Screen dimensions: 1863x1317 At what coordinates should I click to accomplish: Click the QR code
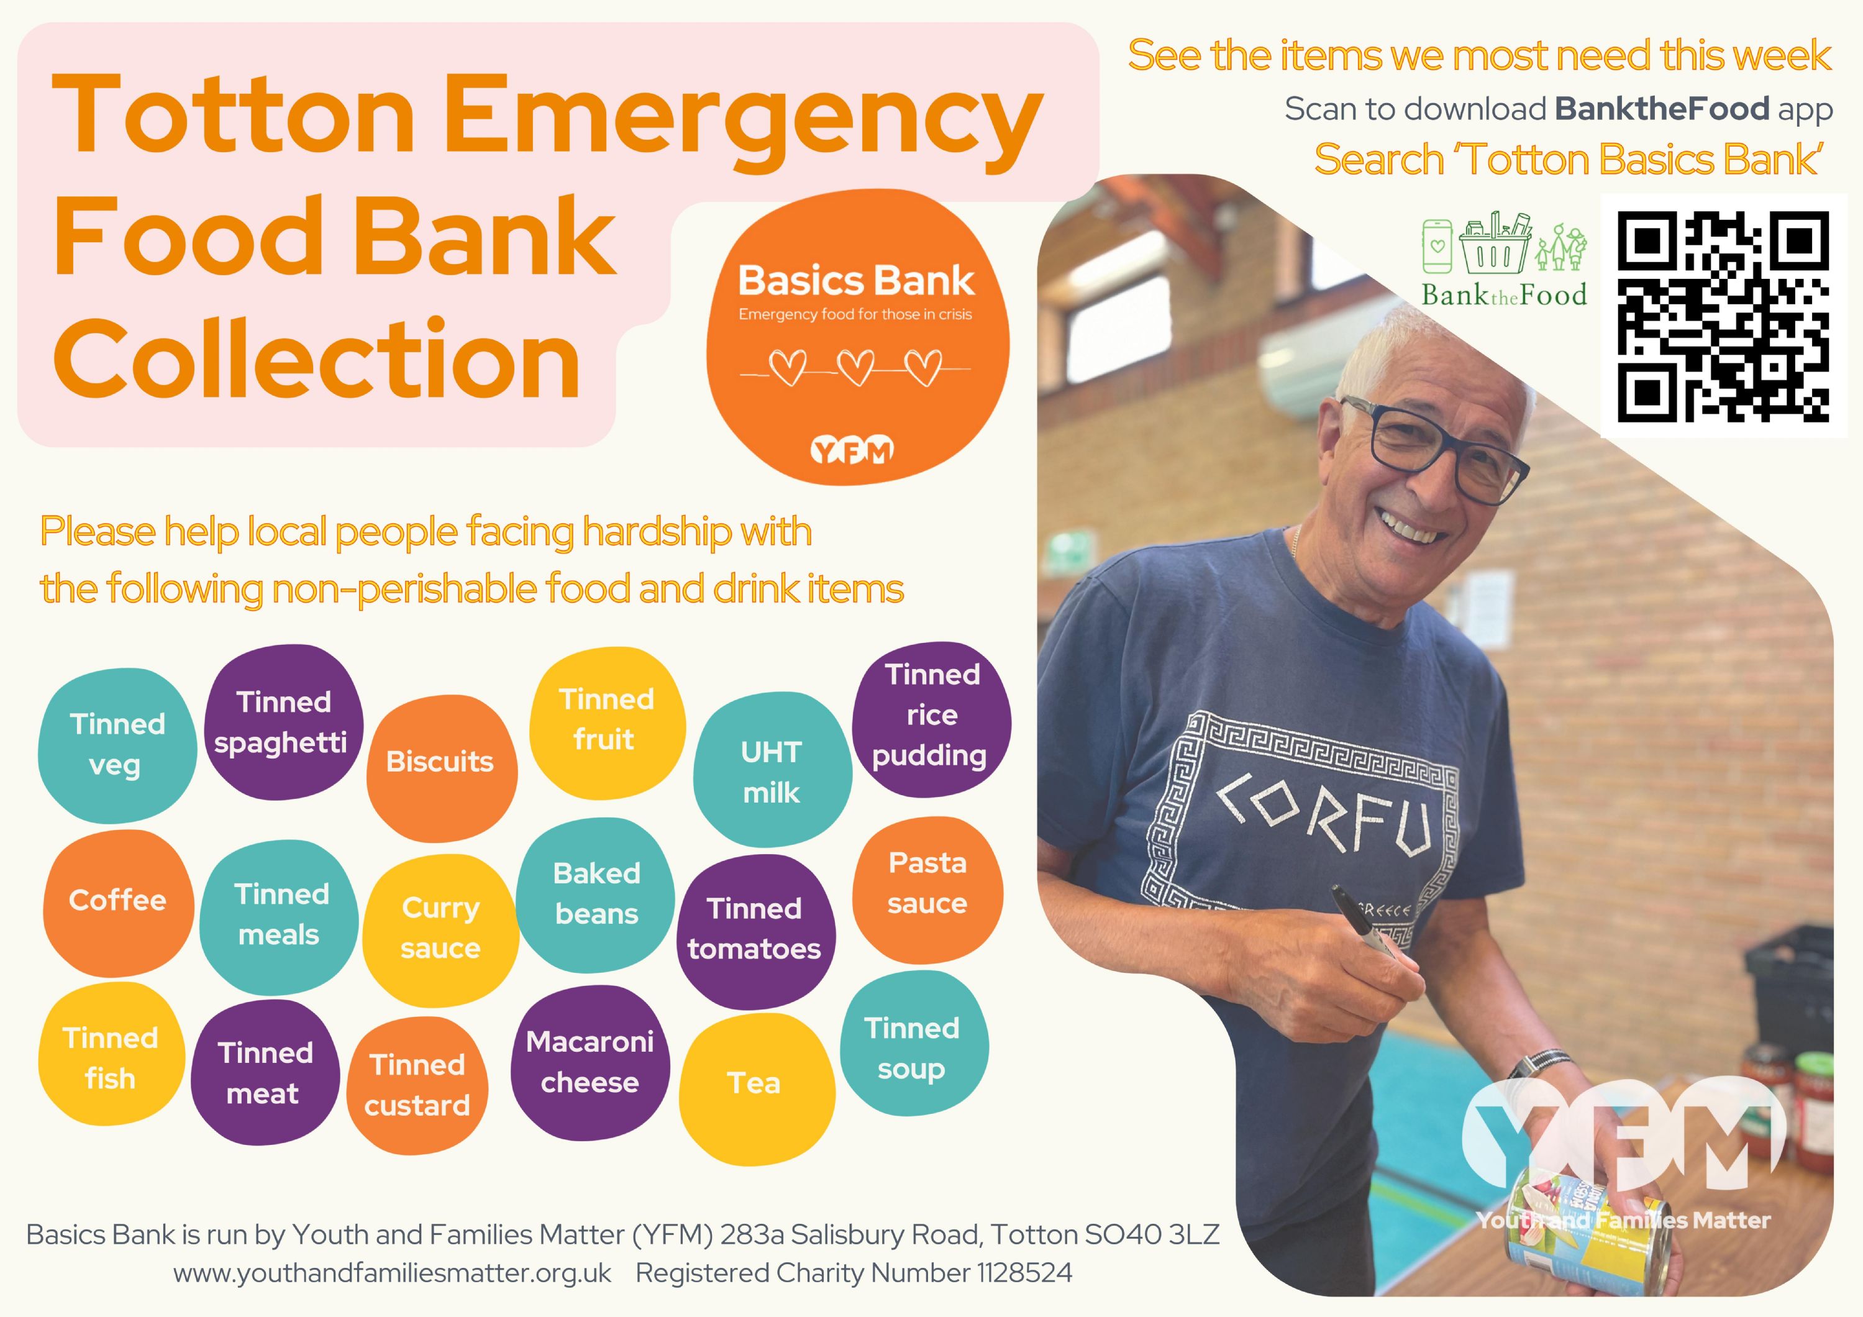point(1723,316)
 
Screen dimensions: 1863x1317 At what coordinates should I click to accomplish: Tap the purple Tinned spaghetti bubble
point(283,722)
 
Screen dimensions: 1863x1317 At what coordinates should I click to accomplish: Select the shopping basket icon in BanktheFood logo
point(1495,243)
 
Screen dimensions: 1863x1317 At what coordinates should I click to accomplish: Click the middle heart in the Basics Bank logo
point(856,368)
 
